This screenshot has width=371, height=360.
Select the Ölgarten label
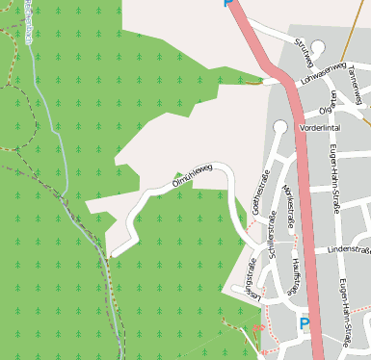pos(335,97)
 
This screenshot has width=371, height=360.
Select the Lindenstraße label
pos(347,249)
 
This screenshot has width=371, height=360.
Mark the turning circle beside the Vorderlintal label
pos(281,126)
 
